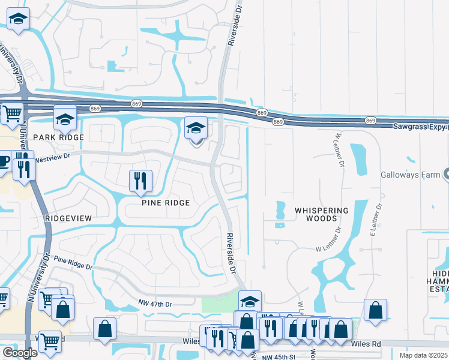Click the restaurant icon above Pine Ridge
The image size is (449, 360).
point(141,181)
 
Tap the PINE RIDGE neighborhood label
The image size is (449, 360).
point(166,203)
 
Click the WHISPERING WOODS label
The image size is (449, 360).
point(322,215)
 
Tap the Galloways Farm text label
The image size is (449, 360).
point(411,175)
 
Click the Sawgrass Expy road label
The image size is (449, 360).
point(420,127)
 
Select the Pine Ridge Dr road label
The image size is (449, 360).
point(73,262)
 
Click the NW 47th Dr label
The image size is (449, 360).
point(155,305)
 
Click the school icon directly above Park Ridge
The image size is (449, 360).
point(65,119)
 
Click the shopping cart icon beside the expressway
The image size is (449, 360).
point(11,113)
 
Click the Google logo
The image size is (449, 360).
point(20,353)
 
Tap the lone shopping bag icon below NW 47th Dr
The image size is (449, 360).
point(105,329)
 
